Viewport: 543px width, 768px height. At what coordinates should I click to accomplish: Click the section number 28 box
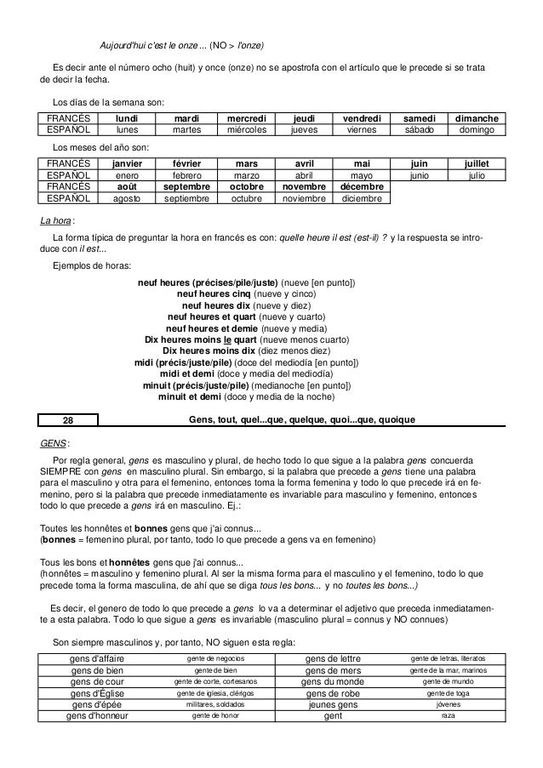click(x=69, y=418)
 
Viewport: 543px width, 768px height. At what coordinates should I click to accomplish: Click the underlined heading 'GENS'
click(x=54, y=443)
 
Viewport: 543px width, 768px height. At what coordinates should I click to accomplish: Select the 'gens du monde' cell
click(x=336, y=681)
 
